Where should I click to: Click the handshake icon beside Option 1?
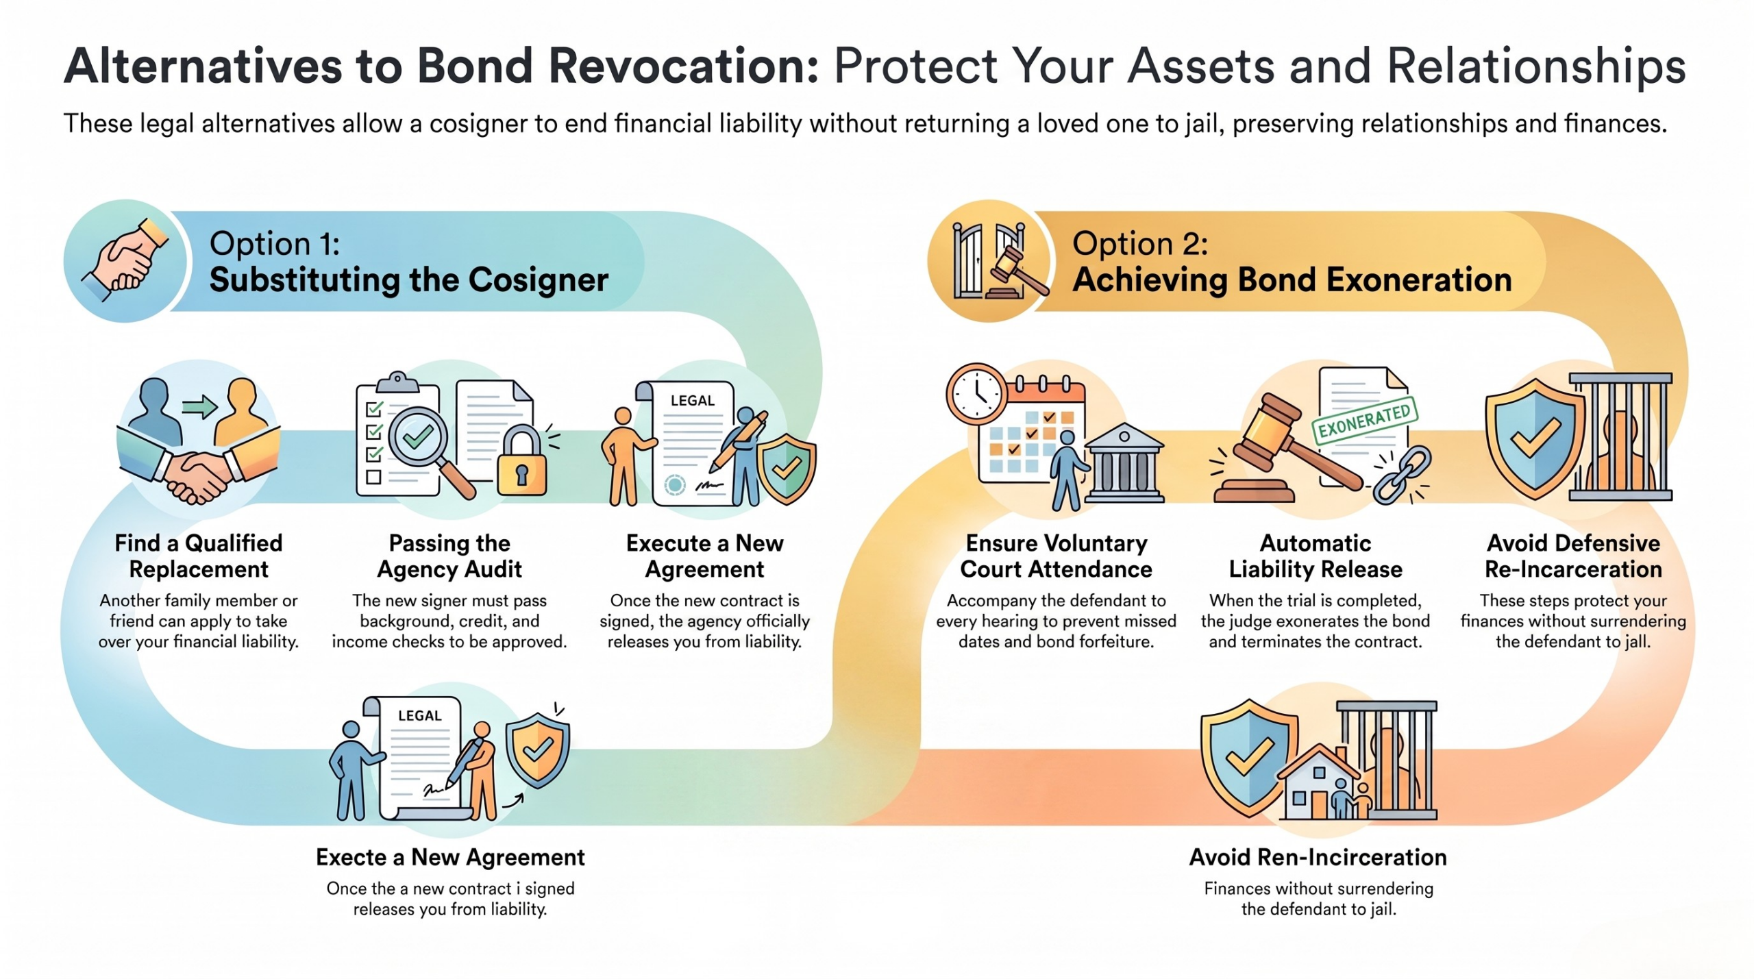click(125, 260)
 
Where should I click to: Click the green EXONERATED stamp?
click(1364, 421)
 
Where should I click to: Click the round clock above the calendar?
click(977, 395)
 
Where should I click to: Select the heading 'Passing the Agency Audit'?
click(449, 556)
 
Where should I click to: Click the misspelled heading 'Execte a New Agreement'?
click(450, 857)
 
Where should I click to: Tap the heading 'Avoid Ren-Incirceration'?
click(1318, 857)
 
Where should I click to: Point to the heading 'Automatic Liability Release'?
click(1315, 556)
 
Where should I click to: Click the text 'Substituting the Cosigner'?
click(409, 280)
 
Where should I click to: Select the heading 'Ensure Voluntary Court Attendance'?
click(1056, 556)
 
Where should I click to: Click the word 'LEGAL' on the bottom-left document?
click(419, 715)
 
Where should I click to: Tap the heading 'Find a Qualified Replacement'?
click(199, 556)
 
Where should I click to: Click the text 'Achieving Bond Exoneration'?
click(1292, 280)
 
